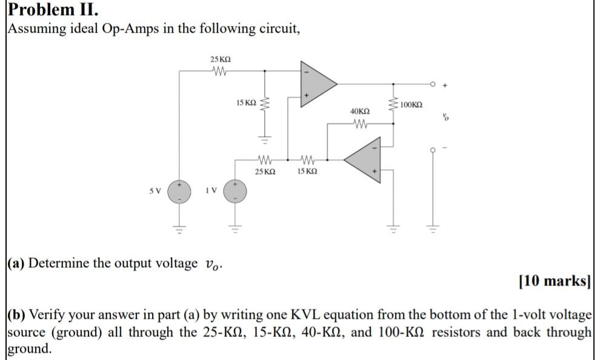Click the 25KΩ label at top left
220,59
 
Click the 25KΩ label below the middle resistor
265,172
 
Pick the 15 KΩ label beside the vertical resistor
245,103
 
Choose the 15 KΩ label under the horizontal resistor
307,172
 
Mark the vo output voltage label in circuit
447,117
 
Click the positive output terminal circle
433,84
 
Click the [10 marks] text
554,281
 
